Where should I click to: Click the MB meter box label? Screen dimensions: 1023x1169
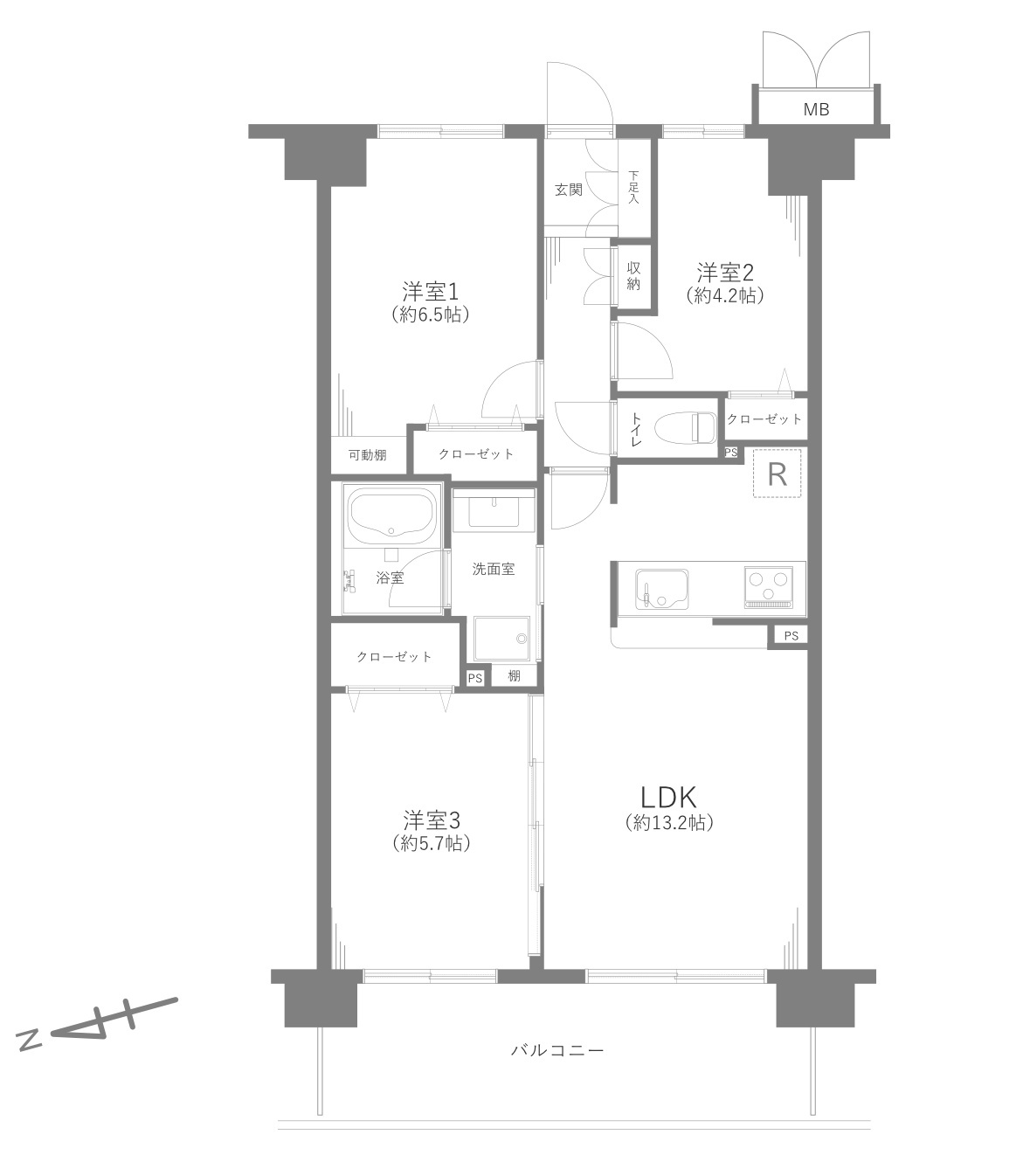[816, 109]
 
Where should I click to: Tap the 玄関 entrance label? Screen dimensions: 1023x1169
[569, 190]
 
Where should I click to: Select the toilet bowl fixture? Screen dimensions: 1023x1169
[685, 428]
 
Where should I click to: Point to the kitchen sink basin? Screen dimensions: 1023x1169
[661, 589]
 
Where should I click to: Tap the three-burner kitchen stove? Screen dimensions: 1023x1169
[768, 587]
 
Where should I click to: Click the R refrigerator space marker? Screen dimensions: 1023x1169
[777, 474]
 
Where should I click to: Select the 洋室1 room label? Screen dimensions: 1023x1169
[430, 292]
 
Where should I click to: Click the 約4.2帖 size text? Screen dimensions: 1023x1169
[725, 295]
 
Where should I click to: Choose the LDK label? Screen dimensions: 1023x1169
[668, 797]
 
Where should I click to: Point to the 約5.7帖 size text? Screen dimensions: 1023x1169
[432, 843]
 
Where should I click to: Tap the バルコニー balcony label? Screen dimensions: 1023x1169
[556, 1051]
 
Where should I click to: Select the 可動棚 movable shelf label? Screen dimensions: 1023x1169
[367, 455]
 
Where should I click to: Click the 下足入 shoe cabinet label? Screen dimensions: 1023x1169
[634, 187]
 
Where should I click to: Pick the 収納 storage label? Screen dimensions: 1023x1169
[632, 276]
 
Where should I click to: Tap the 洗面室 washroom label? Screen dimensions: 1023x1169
[494, 569]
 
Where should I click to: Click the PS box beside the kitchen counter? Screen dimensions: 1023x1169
[791, 635]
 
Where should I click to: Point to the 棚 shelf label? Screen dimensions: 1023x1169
[514, 676]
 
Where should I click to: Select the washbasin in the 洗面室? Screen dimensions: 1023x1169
[494, 510]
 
